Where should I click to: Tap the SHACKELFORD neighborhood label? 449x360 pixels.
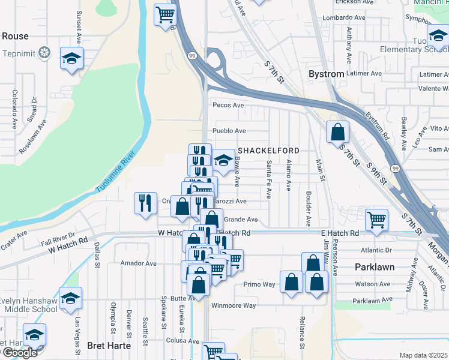click(268, 149)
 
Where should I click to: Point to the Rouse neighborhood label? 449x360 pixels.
click(15, 36)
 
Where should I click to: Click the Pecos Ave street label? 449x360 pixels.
click(228, 105)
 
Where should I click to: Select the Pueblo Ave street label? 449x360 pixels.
click(229, 131)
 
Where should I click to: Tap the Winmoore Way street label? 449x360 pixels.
click(233, 305)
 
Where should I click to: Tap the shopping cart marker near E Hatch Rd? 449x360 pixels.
click(376, 220)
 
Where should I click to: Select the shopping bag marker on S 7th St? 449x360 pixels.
click(338, 131)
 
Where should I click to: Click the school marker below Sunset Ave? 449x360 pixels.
click(71, 59)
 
